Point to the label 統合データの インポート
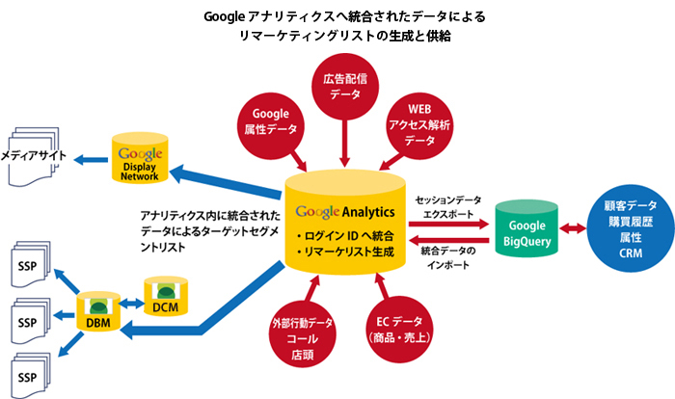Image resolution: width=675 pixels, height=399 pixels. (x=445, y=256)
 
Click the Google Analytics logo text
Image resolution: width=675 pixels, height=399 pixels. (x=341, y=210)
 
